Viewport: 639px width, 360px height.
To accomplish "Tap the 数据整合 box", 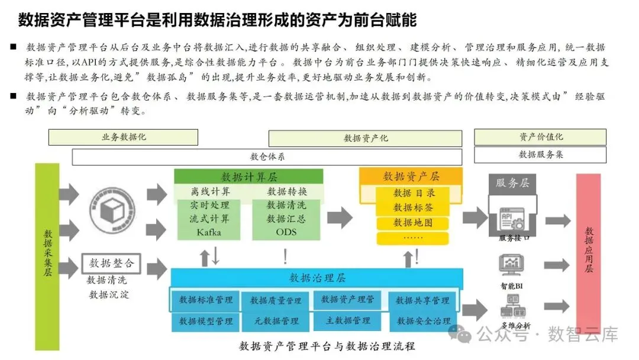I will (x=111, y=263).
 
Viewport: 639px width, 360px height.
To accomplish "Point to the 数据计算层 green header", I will (x=248, y=176).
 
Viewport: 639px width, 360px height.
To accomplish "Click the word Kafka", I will (x=209, y=233).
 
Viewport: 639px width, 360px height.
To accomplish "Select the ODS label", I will (x=286, y=233).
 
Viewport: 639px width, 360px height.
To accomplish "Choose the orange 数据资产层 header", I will (x=411, y=176).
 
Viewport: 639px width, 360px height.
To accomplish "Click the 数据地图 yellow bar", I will (x=413, y=223).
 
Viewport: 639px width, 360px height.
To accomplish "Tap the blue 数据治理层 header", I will (x=317, y=277).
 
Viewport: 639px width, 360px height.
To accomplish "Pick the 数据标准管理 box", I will (x=206, y=300).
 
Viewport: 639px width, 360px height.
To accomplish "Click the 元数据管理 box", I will (x=275, y=321).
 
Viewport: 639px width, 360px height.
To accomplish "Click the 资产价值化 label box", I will (x=541, y=137).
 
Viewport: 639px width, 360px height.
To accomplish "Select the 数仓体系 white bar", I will (x=267, y=157).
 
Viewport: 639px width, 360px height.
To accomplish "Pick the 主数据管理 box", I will (x=348, y=321).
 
